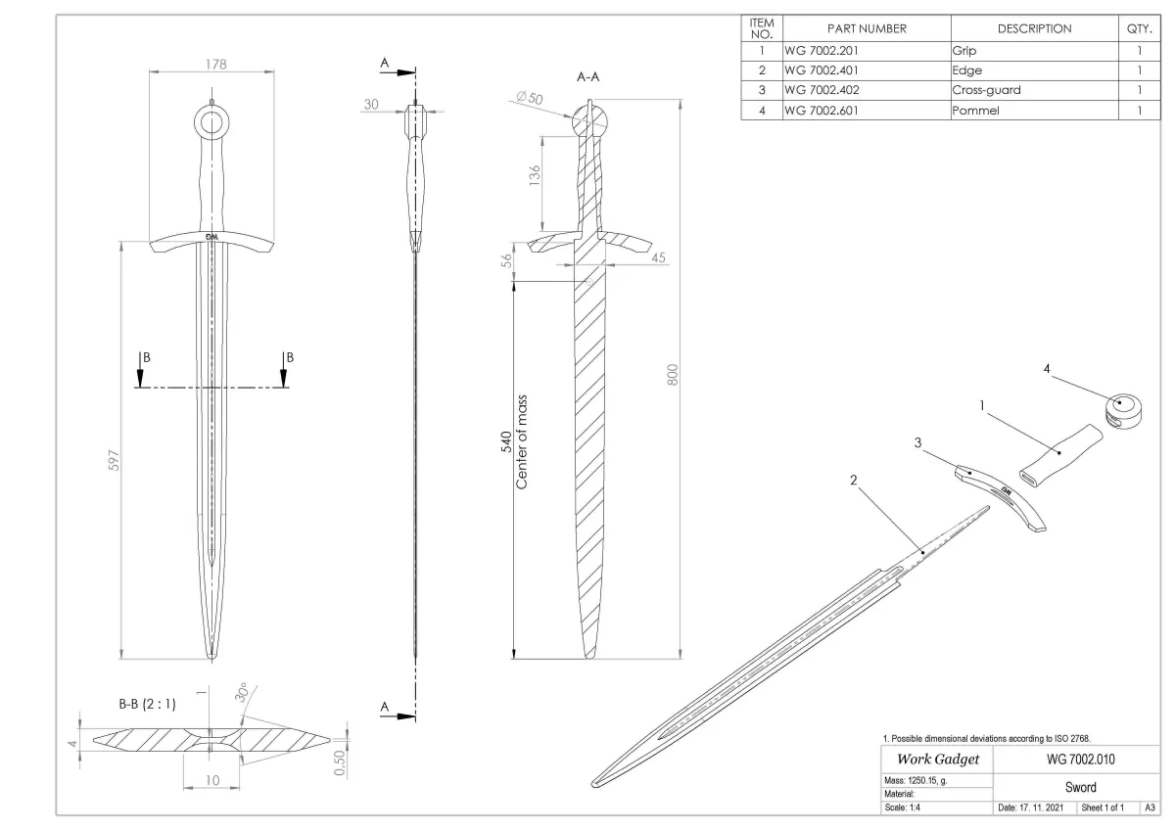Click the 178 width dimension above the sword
[x=215, y=65]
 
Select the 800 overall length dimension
[x=673, y=374]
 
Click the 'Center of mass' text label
[x=522, y=442]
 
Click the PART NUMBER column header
[x=867, y=29]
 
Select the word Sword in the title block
[x=1081, y=787]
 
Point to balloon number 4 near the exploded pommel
[x=1047, y=369]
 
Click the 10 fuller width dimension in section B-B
[x=212, y=780]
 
